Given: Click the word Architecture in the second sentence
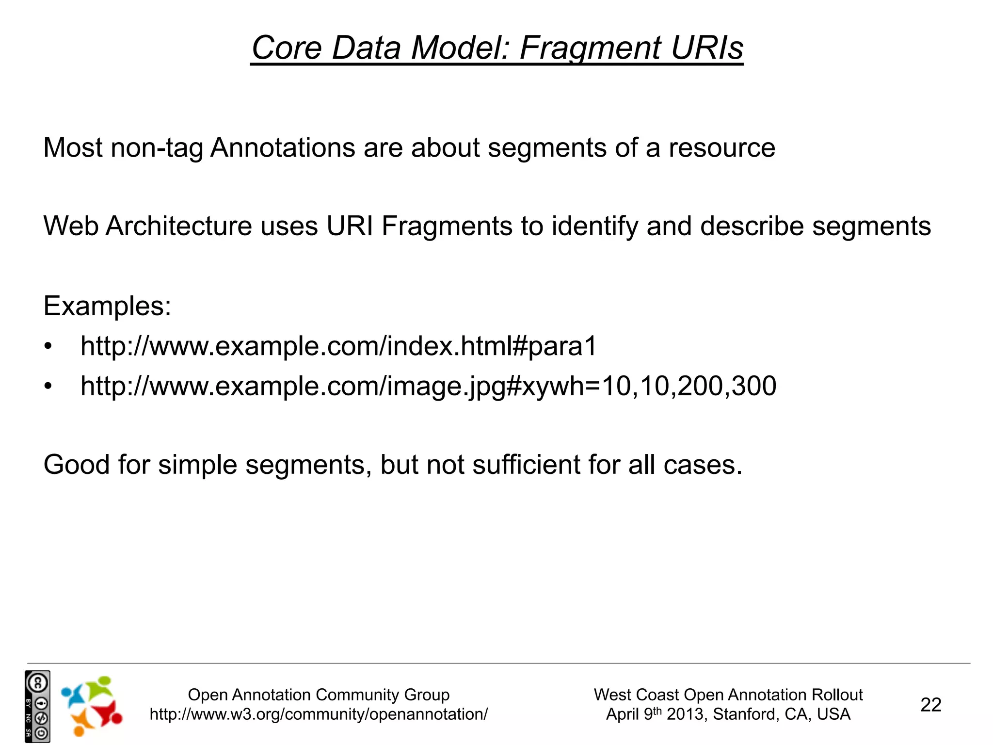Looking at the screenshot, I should [179, 226].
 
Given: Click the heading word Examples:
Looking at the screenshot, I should [107, 306].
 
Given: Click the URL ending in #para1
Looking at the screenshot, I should [338, 346].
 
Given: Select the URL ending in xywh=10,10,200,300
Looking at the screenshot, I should [428, 386].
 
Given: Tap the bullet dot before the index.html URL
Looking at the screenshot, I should [48, 347].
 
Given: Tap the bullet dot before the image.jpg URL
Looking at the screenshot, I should [48, 387].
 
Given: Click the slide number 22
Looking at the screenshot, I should [930, 705].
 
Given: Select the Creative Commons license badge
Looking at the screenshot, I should [37, 706].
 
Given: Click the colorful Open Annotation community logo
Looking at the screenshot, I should [92, 706].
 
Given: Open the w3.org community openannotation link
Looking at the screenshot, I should [319, 714].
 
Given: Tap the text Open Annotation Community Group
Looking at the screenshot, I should [319, 695].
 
